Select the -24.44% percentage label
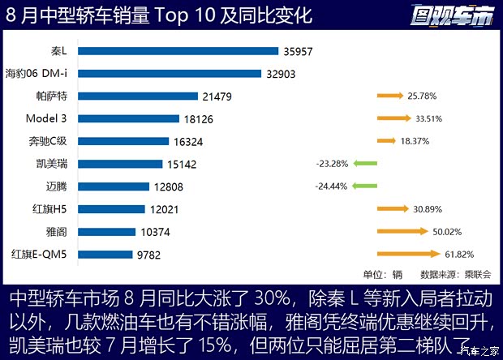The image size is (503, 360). [331, 186]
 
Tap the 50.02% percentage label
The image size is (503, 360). [447, 231]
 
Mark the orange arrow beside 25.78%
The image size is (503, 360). [389, 96]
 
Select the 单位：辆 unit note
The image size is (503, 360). [382, 274]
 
